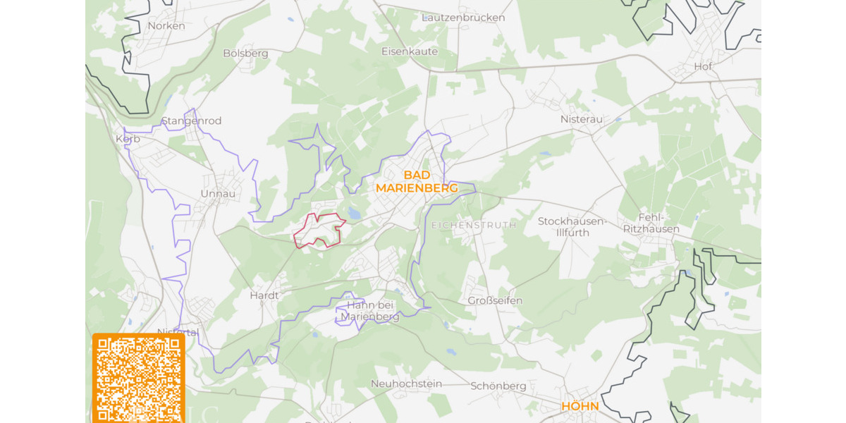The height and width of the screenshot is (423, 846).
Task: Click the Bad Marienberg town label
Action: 417,181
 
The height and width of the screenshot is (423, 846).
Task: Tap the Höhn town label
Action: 580,407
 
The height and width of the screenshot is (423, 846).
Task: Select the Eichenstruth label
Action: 473,225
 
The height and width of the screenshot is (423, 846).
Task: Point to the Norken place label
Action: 166,26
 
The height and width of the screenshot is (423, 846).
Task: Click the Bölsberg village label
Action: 245,53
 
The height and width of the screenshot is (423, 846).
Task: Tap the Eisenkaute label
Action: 410,51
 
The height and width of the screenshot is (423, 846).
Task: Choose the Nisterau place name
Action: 582,119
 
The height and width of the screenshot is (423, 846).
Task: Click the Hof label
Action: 703,66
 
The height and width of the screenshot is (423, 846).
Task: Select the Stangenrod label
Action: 192,121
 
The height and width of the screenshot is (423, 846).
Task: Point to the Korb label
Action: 128,139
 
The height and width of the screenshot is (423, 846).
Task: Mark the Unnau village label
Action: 218,193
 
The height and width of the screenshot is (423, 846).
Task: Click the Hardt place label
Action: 264,295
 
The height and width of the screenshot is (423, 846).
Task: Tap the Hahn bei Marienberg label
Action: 369,311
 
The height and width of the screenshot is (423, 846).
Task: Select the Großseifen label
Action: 495,300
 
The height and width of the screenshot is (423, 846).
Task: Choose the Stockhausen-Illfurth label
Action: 572,226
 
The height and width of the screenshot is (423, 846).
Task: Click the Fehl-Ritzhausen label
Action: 651,223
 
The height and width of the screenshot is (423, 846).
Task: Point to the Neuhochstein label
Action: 406,384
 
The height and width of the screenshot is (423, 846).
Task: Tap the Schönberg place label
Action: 498,386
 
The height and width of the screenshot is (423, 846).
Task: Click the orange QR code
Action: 138,378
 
